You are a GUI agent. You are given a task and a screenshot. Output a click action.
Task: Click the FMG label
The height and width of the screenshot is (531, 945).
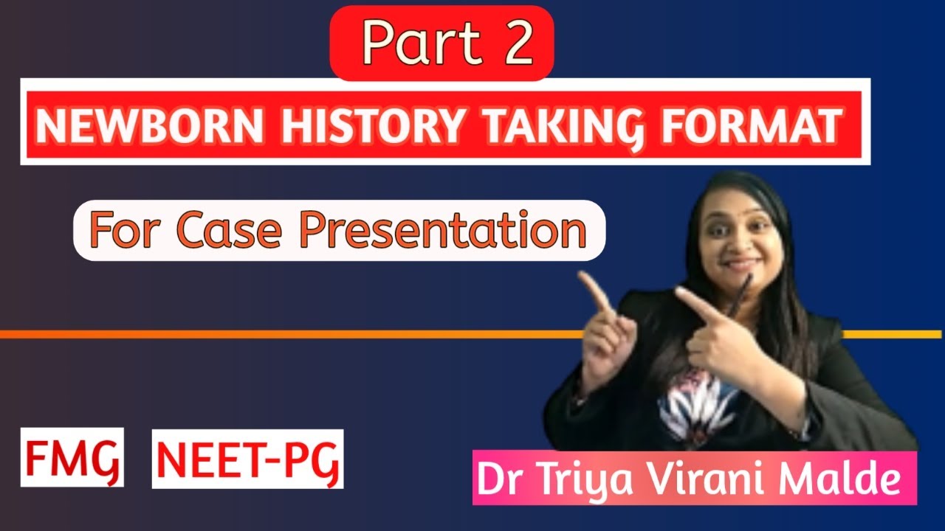point(72,458)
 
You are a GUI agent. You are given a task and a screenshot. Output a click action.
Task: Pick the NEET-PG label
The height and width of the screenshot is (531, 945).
point(248,458)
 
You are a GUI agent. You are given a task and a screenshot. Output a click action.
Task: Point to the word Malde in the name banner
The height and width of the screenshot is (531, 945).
point(840,480)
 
